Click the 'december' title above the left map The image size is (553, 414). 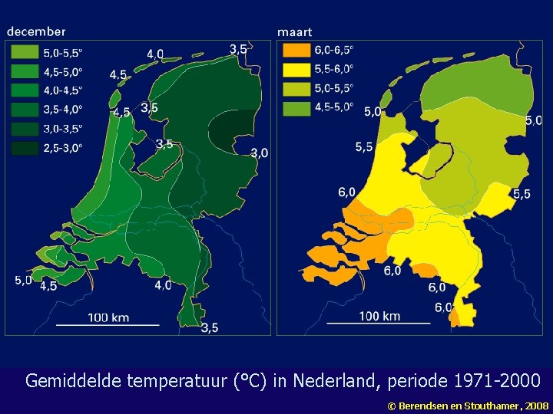pyautogui.click(x=36, y=31)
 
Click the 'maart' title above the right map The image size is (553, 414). pyautogui.click(x=294, y=32)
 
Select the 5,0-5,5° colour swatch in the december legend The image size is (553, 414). pyautogui.click(x=24, y=53)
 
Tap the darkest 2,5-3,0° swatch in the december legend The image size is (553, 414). pyautogui.click(x=24, y=147)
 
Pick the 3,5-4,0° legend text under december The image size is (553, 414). pyautogui.click(x=63, y=109)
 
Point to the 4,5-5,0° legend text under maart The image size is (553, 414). pyautogui.click(x=334, y=107)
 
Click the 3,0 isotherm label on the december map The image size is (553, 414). pyautogui.click(x=259, y=153)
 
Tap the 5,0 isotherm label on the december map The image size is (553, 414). pyautogui.click(x=23, y=281)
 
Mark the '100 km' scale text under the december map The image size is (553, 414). pyautogui.click(x=108, y=317)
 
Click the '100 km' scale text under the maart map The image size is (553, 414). pyautogui.click(x=379, y=316)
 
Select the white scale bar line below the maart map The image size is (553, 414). pyautogui.click(x=379, y=324)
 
